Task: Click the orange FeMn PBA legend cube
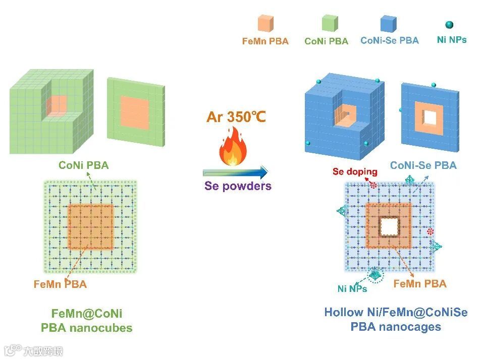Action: point(265,23)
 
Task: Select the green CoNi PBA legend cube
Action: point(331,23)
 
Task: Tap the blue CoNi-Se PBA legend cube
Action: point(390,23)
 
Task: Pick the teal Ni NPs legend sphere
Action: point(450,24)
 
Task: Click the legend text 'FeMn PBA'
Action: point(265,41)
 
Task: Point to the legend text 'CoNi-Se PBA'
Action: point(390,40)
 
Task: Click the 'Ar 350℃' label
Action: point(236,117)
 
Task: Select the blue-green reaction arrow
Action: point(235,172)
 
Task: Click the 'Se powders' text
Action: point(238,186)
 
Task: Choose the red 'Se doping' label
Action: point(355,171)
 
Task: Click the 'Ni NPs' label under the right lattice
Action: point(352,289)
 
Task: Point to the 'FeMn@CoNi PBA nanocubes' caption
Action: point(87,320)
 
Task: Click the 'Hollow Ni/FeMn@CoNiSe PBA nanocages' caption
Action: point(396,319)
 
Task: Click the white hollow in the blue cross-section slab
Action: point(430,117)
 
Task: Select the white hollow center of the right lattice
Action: point(389,227)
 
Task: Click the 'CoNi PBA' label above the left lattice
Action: point(83,165)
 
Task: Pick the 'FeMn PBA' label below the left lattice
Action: point(61,284)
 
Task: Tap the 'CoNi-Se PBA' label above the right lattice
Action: point(423,165)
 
